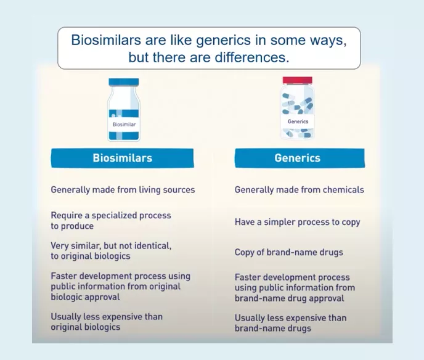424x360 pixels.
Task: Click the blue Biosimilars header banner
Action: [x=123, y=158]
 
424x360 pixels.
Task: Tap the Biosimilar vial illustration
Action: [x=124, y=110]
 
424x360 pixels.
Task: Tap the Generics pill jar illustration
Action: [x=298, y=108]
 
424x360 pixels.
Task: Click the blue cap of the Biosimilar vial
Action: [x=124, y=82]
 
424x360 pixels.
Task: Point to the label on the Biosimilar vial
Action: [x=124, y=123]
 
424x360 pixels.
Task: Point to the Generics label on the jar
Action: [x=298, y=121]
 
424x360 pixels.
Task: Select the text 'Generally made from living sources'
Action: [x=123, y=190]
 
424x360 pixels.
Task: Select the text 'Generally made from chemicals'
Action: [x=299, y=190]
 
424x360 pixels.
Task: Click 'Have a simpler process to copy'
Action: [x=297, y=222]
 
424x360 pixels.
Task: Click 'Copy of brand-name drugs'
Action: [x=288, y=253]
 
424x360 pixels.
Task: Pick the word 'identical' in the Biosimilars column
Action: [x=153, y=245]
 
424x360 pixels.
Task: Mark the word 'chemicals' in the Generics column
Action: [x=343, y=190]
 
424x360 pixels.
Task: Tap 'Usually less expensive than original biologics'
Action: [x=107, y=322]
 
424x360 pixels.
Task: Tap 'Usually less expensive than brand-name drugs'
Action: [x=290, y=323]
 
